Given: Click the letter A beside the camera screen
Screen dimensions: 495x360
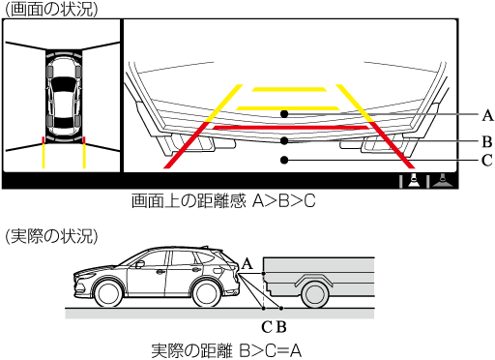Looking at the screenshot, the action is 487,115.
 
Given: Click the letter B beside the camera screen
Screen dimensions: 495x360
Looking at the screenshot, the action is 487,141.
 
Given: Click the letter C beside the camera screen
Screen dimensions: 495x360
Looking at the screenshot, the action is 487,161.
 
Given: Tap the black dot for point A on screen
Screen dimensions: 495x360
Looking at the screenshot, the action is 284,114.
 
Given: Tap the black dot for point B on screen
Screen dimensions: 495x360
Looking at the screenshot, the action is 284,140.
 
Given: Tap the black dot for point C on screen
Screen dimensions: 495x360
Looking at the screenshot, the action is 284,160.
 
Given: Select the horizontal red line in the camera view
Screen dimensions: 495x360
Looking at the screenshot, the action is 290,128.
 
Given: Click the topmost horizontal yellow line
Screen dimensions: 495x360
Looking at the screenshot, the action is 289,89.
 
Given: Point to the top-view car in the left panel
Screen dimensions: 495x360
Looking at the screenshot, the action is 64,96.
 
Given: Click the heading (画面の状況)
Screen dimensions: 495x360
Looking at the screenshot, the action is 51,10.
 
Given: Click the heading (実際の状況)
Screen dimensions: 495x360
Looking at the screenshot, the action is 51,236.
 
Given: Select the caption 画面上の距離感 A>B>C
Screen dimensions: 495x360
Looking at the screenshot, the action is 223,201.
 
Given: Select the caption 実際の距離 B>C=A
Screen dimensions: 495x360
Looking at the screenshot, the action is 226,350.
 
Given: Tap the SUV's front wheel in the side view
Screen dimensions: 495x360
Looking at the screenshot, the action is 108,294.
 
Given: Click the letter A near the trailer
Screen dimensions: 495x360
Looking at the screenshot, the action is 247,264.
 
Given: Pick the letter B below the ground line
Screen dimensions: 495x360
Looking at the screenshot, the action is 281,327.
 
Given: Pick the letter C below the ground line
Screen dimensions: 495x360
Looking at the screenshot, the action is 267,327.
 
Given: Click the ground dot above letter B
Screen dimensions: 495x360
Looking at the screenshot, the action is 281,309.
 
